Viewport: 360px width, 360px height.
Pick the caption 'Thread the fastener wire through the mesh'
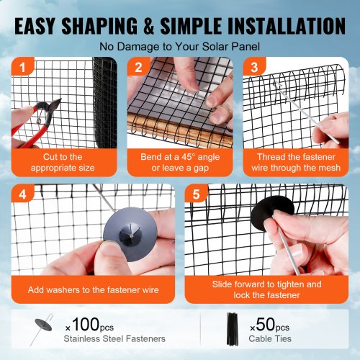[x=295, y=162]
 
